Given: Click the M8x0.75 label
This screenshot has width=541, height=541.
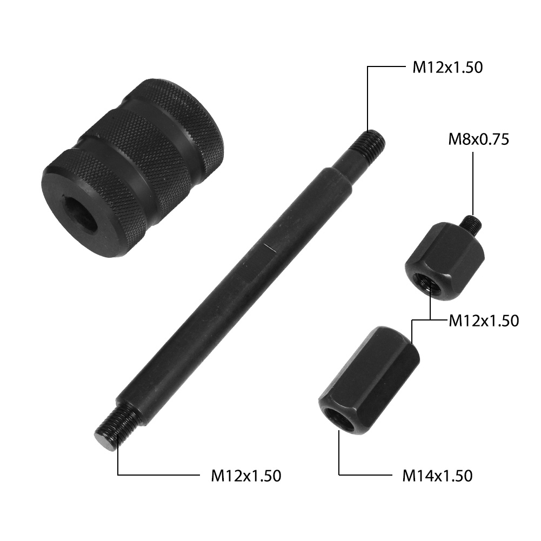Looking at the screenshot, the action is point(478,140).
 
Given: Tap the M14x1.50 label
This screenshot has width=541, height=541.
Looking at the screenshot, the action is point(437,476).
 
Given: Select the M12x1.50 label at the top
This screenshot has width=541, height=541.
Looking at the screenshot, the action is point(448,68).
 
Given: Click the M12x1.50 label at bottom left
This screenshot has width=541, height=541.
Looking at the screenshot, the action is point(246,476).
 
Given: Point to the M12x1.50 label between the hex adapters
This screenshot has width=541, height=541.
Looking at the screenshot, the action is point(484,321).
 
